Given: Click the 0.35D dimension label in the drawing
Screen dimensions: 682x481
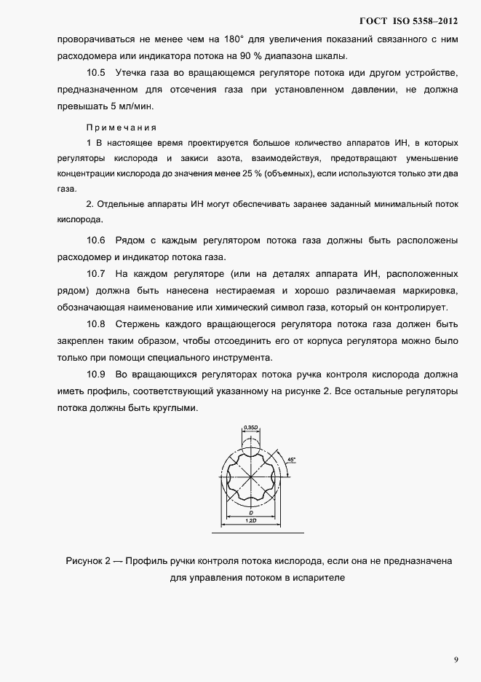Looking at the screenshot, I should tap(250, 428).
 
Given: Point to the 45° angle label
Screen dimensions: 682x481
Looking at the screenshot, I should tap(292, 460).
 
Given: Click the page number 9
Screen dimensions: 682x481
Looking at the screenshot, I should tap(456, 659).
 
